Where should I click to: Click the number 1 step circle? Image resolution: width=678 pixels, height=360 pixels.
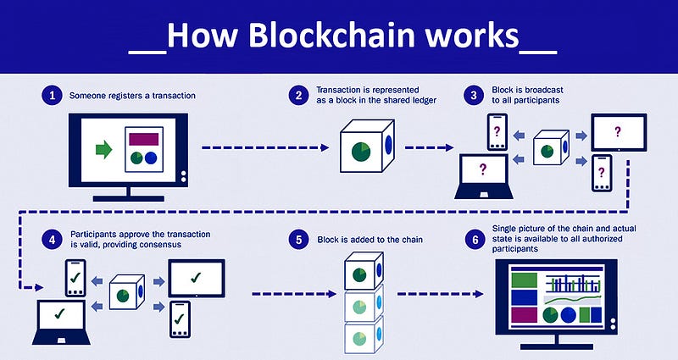pos(53,95)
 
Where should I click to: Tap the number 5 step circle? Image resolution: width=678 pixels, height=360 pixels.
pos(299,239)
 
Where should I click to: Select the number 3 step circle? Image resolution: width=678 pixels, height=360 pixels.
pos(474,95)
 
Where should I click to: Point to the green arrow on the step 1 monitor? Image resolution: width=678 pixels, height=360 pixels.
pos(103,150)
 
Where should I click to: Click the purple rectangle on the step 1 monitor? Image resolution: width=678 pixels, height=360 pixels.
pos(143,139)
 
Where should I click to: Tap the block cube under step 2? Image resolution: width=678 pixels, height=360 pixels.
pos(367,145)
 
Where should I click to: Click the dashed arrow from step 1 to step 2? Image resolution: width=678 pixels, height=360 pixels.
pos(265,147)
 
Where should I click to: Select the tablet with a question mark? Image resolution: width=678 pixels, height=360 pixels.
pos(619,132)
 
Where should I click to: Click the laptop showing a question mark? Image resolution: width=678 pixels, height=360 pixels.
pos(483,176)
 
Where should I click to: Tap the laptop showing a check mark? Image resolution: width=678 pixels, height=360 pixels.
pos(61,322)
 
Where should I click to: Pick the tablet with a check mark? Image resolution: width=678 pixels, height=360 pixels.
pos(197,278)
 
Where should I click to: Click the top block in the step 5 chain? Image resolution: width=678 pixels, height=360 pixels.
pos(364,270)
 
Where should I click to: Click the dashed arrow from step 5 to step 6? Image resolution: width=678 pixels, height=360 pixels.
pos(440,294)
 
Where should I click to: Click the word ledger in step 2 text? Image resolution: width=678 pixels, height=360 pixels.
pos(422,100)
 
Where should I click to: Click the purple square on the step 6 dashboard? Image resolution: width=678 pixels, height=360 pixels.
pos(524,315)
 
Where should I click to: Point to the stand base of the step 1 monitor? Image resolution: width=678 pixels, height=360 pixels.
pos(129,199)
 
